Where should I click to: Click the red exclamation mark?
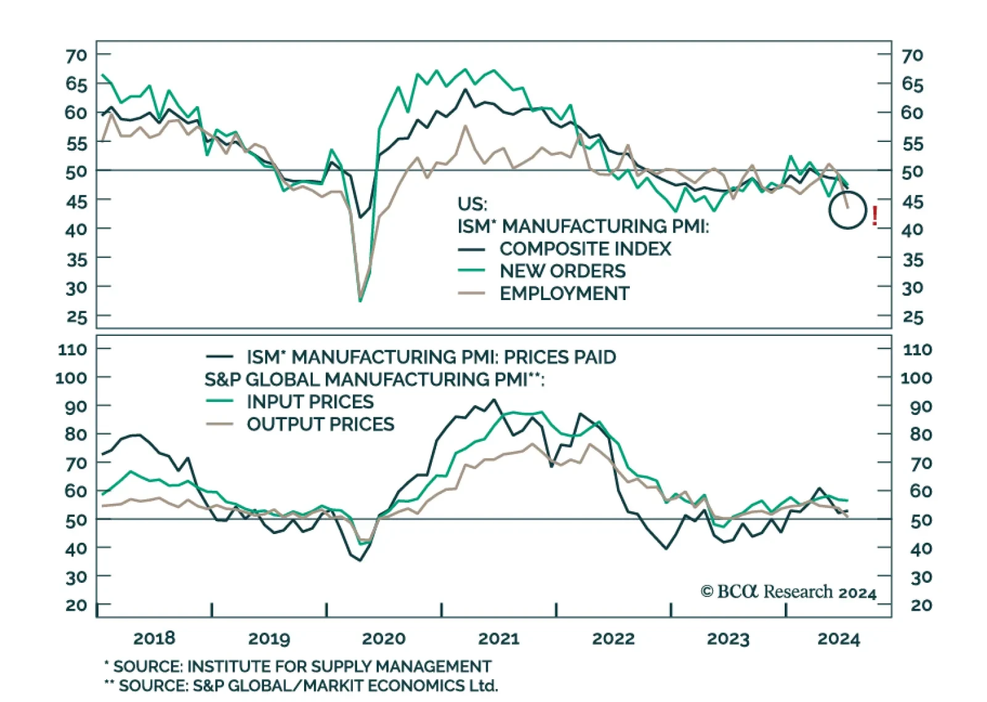pos(875,215)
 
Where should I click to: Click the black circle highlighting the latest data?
pos(848,211)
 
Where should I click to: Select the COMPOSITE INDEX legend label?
pos(585,249)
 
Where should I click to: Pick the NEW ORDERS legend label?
pos(562,271)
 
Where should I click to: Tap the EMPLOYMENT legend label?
pos(564,293)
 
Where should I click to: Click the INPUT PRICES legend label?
pos(310,402)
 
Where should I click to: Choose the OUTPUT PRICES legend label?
pos(320,424)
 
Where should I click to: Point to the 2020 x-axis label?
pos(384,638)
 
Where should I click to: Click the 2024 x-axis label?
pos(838,638)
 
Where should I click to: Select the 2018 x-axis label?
pos(154,638)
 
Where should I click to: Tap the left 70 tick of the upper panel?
pos(76,56)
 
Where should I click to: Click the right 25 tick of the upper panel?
pos(912,317)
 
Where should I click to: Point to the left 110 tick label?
pos(72,349)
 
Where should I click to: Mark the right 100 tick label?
pos(916,378)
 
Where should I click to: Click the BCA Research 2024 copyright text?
pos(788,591)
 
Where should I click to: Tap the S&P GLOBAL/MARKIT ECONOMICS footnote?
pos(308,685)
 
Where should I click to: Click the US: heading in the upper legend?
pos(472,204)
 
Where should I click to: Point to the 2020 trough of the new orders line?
pos(360,301)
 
